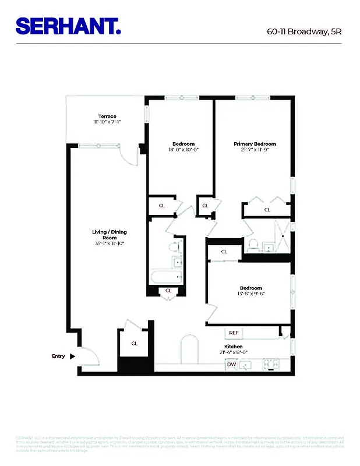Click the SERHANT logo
click(68, 26)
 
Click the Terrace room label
click(107, 116)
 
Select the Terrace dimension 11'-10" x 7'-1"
click(107, 122)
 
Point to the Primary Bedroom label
click(255, 144)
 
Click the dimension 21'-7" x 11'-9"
click(255, 150)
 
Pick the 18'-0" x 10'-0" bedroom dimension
click(183, 150)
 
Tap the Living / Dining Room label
click(110, 235)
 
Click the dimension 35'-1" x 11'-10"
click(110, 243)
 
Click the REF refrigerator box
click(234, 333)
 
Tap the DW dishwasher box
click(231, 365)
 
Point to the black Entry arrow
click(73, 356)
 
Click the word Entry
click(59, 356)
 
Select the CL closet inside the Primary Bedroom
click(267, 210)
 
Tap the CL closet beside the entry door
click(135, 343)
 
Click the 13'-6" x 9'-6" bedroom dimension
click(251, 294)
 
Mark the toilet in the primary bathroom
click(253, 244)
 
